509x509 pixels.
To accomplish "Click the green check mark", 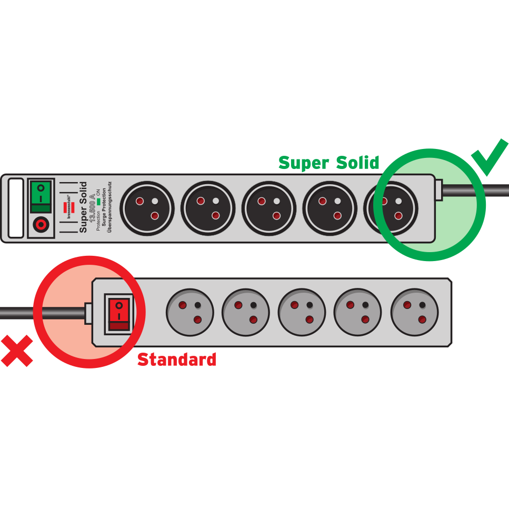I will (490, 157).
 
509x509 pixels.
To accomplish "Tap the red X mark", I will (17, 351).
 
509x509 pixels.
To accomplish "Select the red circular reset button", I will (41, 225).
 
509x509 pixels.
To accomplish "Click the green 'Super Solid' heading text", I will (328, 163).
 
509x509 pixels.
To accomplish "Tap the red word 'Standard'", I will (176, 360).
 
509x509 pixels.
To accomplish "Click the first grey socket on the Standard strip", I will (190, 312).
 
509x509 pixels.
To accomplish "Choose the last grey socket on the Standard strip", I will (414, 312).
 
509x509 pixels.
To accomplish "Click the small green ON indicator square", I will (98, 201).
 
